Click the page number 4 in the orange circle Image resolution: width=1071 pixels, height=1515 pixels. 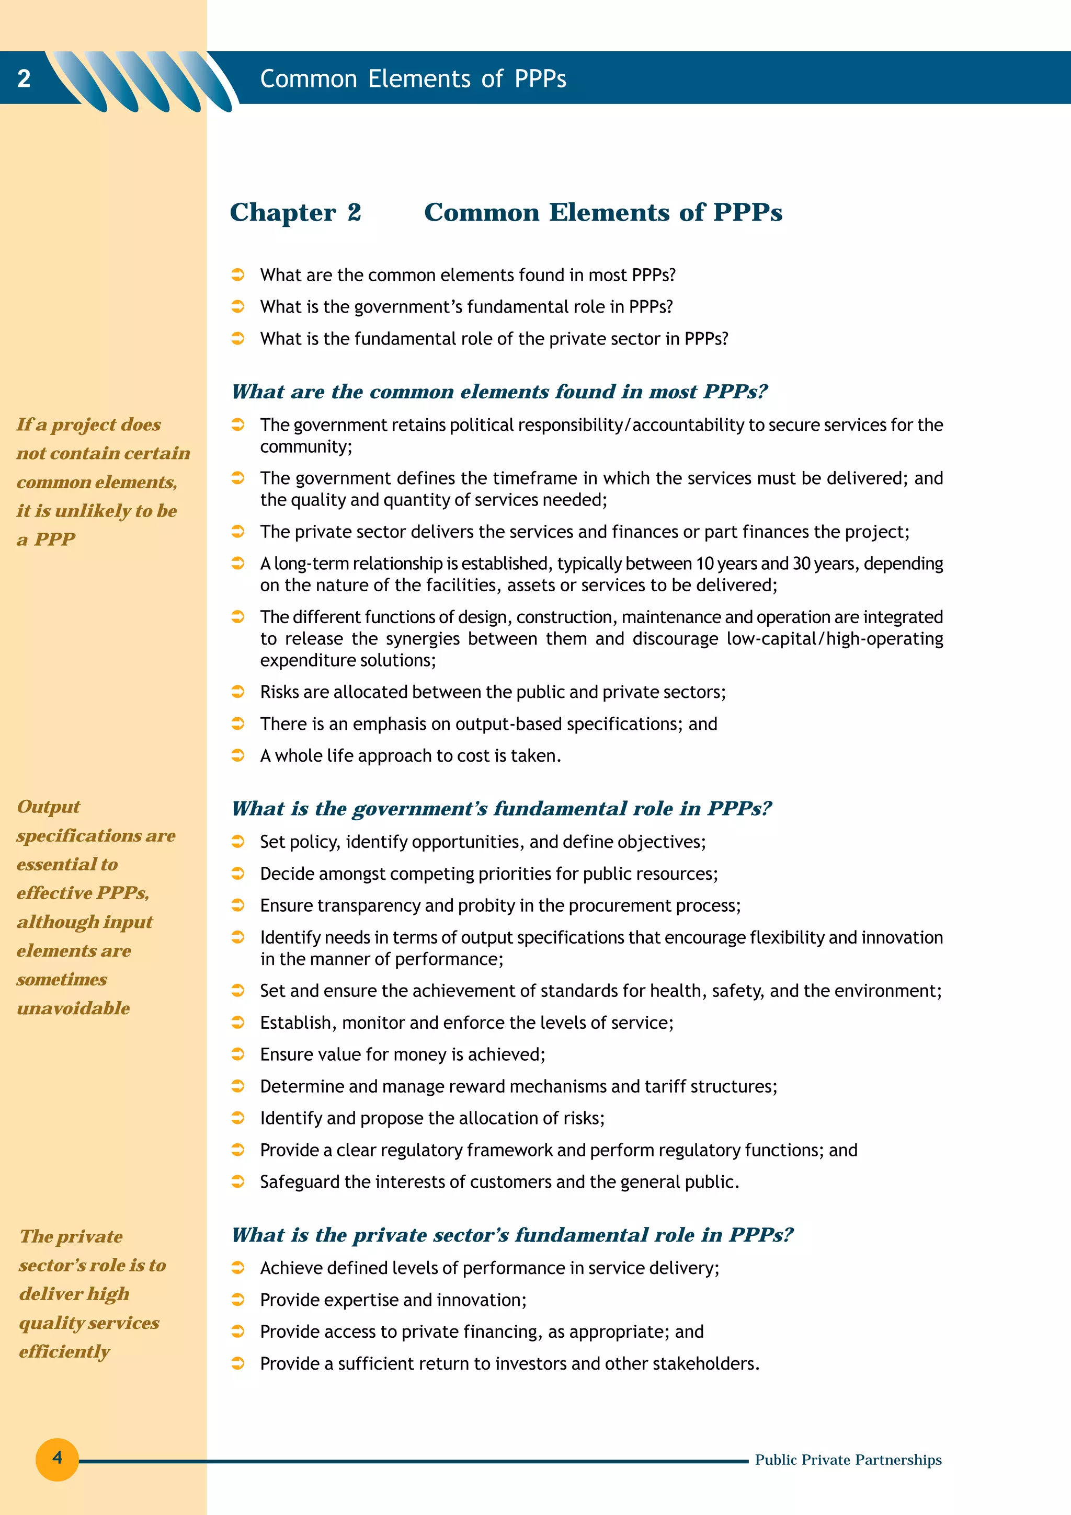point(58,1457)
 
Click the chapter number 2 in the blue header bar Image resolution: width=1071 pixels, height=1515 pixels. point(24,78)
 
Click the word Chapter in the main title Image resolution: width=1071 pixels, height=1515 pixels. point(283,212)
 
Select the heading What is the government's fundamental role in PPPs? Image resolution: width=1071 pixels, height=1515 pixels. point(501,809)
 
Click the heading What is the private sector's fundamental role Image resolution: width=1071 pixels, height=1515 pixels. point(511,1235)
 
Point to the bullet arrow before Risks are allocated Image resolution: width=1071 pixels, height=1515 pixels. point(238,692)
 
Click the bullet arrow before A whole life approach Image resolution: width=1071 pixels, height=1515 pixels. point(238,755)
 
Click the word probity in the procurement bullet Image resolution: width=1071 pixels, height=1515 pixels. point(486,905)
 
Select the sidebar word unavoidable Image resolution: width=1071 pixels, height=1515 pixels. point(73,1008)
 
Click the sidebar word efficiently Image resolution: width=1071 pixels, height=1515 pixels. point(64,1352)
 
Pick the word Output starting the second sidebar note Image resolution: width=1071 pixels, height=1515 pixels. point(48,807)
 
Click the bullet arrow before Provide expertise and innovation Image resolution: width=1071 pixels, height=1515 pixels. point(238,1300)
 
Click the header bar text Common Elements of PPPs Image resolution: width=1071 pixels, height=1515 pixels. point(413,79)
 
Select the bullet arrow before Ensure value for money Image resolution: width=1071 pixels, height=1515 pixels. point(238,1054)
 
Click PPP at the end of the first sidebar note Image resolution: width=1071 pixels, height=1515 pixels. point(55,540)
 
